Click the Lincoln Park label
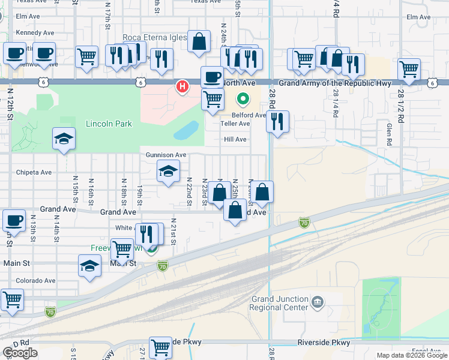(x=108, y=124)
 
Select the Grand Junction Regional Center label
(x=280, y=303)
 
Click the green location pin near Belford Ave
(x=243, y=98)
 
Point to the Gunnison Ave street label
(x=166, y=155)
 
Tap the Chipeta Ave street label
(x=34, y=172)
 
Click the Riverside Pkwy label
(x=324, y=343)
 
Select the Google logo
(x=20, y=353)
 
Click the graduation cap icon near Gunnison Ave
(x=169, y=171)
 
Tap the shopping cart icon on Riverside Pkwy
(x=160, y=346)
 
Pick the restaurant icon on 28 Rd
(x=278, y=122)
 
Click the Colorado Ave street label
(x=35, y=280)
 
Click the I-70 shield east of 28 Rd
(x=304, y=223)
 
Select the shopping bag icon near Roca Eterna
(x=199, y=41)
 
